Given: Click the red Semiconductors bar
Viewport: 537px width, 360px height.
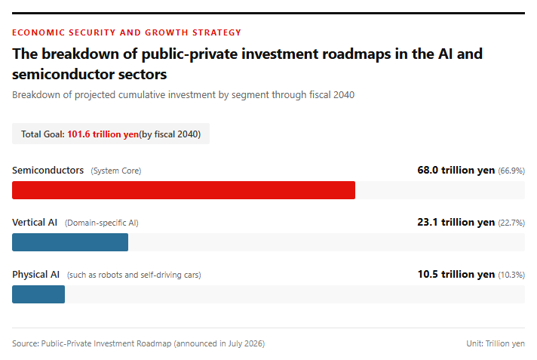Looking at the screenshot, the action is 183,190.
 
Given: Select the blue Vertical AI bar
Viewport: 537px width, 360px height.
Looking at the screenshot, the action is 70,242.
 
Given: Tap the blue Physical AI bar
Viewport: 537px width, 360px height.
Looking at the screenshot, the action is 38,294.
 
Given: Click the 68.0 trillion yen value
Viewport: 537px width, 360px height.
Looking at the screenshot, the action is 456,170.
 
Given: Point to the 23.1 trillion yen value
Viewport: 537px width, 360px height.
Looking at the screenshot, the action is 456,222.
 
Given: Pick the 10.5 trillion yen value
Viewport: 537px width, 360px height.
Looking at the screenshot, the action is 456,274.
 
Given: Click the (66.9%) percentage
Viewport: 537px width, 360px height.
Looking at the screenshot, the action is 511,171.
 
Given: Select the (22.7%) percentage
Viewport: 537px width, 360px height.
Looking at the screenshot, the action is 511,223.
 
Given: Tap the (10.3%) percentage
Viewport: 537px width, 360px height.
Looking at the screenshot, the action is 511,275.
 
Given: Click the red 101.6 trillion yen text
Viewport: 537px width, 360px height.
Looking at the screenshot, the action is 103,134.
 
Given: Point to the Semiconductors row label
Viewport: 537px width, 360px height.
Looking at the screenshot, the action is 48,170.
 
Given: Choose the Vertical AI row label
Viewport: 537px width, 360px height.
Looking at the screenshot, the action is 35,222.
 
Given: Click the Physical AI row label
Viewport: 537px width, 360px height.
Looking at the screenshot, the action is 36,275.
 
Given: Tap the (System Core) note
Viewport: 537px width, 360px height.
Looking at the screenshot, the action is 116,171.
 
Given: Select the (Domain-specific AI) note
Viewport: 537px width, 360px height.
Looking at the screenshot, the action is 102,223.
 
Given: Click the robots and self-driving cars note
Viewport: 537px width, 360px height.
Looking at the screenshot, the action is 134,275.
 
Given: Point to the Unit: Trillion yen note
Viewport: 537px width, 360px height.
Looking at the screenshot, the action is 496,343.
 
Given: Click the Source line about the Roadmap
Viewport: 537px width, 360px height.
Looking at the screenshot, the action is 138,343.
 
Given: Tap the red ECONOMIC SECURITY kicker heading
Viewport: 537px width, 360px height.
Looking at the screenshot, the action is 127,32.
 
